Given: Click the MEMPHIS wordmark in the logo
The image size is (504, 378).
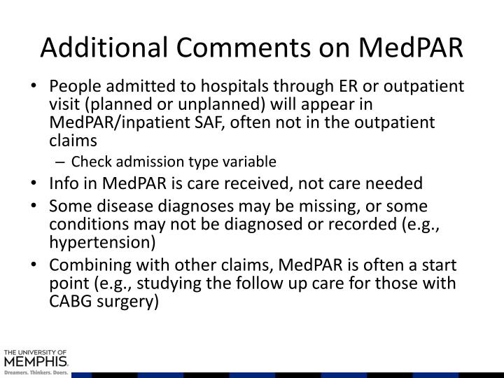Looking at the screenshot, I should point(36,362).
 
